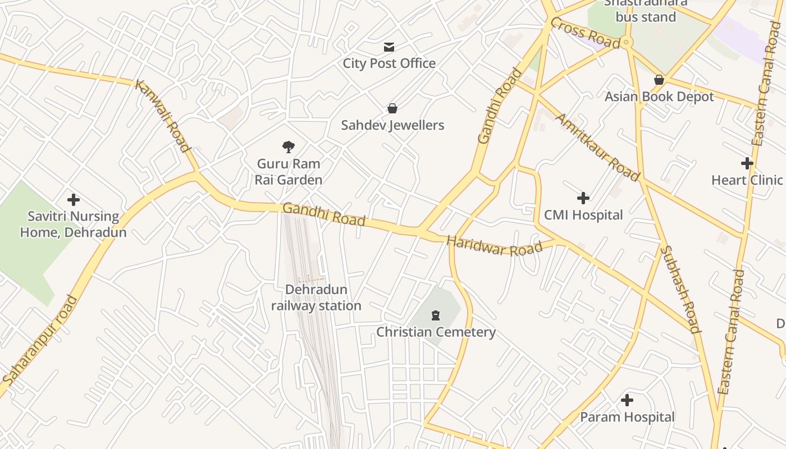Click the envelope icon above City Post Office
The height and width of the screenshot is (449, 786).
click(x=389, y=47)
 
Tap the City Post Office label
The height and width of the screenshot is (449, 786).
click(x=389, y=63)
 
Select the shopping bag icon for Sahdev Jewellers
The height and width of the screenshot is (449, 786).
click(x=392, y=108)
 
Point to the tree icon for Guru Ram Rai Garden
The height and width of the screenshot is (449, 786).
click(x=289, y=147)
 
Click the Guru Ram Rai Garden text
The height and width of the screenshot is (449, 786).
click(x=289, y=172)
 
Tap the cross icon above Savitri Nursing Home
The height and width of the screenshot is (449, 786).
click(x=73, y=200)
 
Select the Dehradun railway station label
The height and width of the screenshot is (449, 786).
click(x=316, y=297)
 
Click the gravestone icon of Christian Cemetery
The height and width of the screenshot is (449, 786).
click(x=436, y=315)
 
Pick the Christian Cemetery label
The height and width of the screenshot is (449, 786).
click(x=436, y=332)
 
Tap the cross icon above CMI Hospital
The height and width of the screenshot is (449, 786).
click(x=583, y=198)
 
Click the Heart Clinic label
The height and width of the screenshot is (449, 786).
click(x=747, y=180)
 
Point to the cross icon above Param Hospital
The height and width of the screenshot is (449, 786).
click(x=627, y=400)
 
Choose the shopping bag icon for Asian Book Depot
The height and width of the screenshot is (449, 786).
click(x=659, y=80)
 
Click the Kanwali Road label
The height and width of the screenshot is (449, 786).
click(x=162, y=116)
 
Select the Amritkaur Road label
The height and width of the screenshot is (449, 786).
click(x=597, y=147)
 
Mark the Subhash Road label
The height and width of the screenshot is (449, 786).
click(x=680, y=290)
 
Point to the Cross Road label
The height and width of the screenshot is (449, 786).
click(x=585, y=33)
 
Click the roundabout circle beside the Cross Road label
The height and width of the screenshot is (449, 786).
click(x=627, y=42)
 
